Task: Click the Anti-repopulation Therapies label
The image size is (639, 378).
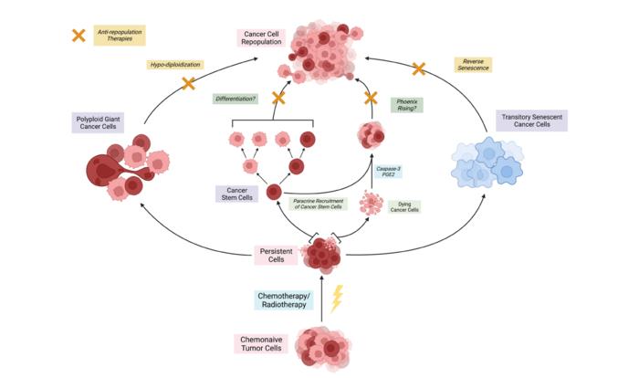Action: [120, 36]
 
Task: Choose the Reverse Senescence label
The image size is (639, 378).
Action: [472, 65]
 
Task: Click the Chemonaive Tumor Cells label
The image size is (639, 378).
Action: [265, 344]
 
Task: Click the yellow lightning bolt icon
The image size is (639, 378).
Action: [338, 299]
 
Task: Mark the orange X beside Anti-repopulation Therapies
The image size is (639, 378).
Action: [79, 36]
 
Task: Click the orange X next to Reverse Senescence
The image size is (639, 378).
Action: [419, 68]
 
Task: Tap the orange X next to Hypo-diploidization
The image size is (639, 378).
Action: [189, 84]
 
